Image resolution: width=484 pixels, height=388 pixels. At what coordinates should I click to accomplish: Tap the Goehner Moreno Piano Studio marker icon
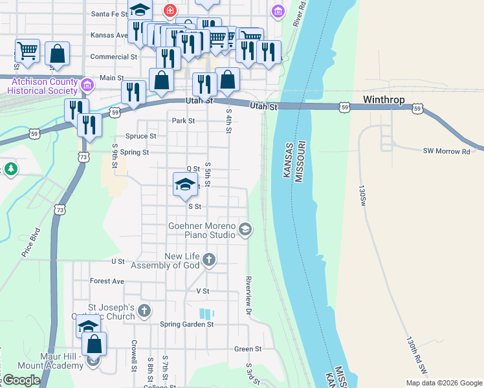(245, 228)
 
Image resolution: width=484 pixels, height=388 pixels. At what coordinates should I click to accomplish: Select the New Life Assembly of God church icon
(208, 260)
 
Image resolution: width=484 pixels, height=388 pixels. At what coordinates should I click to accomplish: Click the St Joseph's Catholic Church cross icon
(144, 311)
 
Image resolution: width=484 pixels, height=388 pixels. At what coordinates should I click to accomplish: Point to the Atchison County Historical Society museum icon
(87, 85)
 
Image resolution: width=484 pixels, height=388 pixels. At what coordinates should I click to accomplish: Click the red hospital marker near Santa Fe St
(170, 10)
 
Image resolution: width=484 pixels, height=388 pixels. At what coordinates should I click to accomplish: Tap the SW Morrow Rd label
(446, 151)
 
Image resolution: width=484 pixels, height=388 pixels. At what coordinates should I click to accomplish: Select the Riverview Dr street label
(248, 296)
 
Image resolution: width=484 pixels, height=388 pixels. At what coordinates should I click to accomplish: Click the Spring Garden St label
(186, 324)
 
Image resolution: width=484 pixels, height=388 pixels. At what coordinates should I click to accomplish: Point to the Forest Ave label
(107, 281)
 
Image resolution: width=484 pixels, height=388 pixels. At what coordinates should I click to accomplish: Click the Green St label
(248, 349)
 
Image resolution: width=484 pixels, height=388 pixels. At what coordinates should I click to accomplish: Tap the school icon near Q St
(185, 184)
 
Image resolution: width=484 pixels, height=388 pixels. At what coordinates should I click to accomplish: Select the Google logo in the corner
(21, 380)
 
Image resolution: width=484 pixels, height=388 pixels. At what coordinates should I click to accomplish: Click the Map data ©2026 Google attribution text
(443, 383)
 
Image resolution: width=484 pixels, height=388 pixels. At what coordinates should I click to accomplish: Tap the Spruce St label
(140, 136)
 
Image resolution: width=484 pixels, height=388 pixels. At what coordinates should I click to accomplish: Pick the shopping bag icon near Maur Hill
(94, 345)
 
